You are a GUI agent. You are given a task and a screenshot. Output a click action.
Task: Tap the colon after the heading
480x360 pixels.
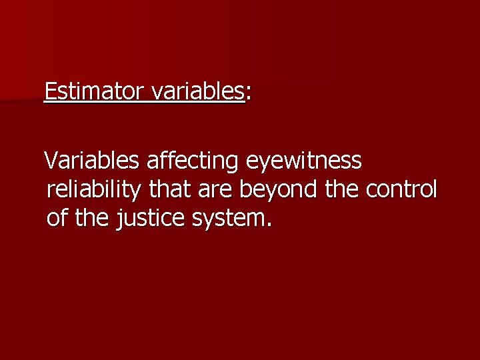coord(248,93)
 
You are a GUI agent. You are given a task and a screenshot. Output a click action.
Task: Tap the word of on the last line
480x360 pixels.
coord(58,218)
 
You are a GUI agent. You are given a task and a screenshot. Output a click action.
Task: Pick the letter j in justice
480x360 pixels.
coord(120,219)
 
